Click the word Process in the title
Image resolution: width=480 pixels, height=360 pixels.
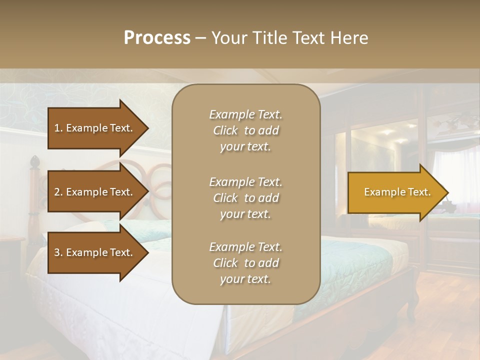point(157,38)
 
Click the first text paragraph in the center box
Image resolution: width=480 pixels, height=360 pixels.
point(245,130)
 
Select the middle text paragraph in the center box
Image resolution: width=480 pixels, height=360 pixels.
point(245,198)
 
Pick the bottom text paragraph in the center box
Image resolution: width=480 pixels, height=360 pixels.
point(245,263)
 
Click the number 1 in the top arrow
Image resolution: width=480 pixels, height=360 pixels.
point(57,128)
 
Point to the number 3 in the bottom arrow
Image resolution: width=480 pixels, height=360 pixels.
point(57,252)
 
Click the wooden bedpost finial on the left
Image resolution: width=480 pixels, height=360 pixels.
point(34,162)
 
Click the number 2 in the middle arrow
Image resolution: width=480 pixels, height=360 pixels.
point(57,192)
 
